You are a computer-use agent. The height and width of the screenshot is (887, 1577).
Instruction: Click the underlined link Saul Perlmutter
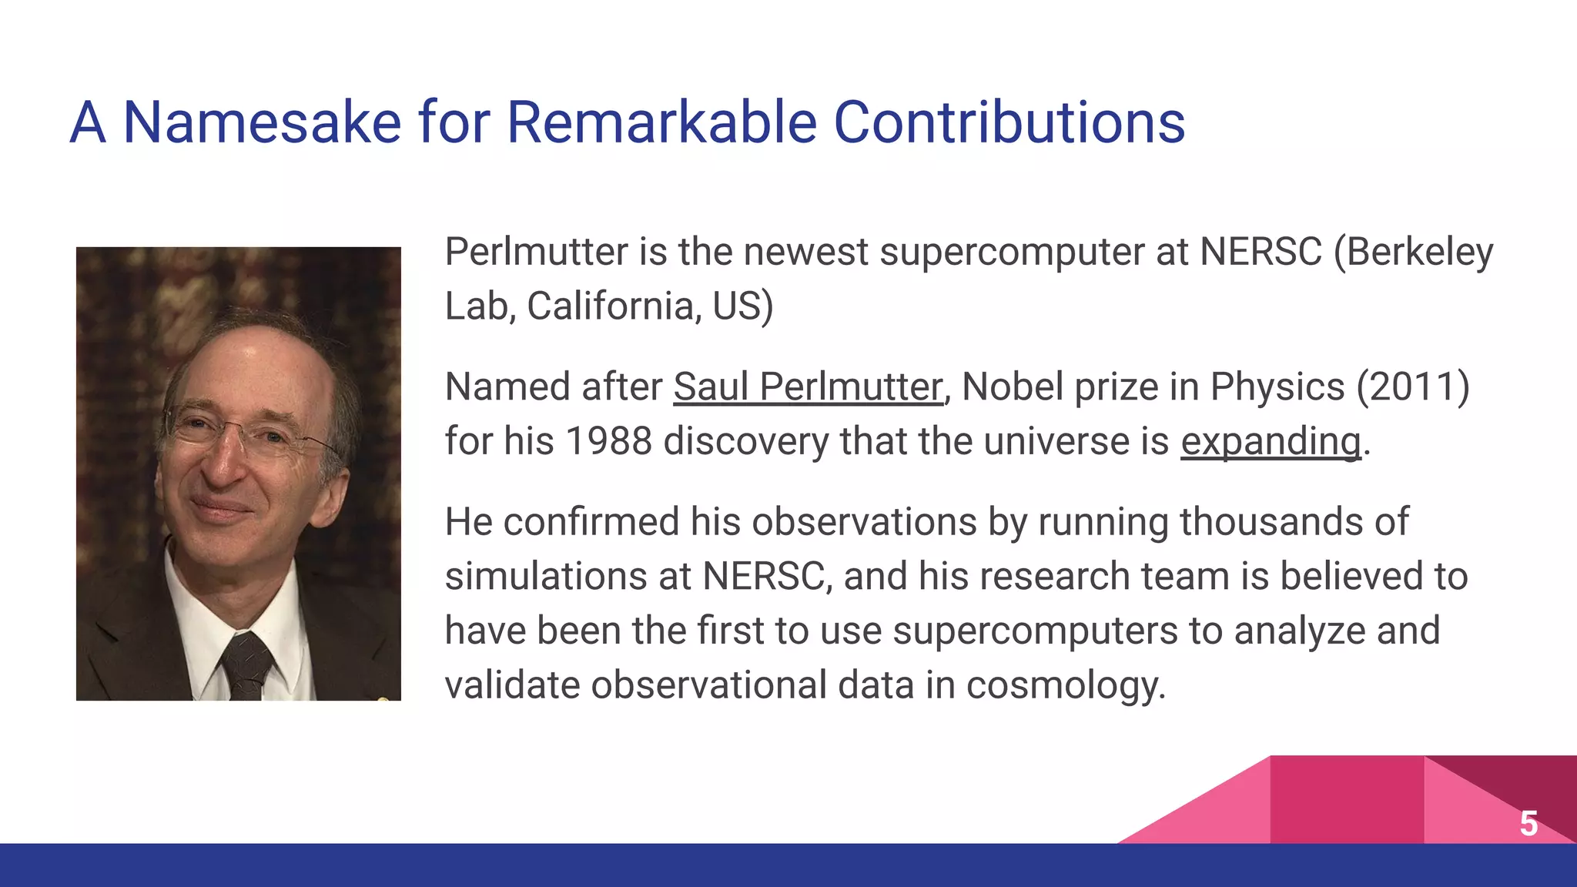pos(808,387)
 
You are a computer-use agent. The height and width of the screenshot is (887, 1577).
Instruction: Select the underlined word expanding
pos(1271,441)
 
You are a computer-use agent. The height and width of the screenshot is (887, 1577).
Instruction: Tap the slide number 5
pos(1528,823)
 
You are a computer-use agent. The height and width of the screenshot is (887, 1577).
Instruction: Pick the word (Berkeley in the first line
pos(1413,252)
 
